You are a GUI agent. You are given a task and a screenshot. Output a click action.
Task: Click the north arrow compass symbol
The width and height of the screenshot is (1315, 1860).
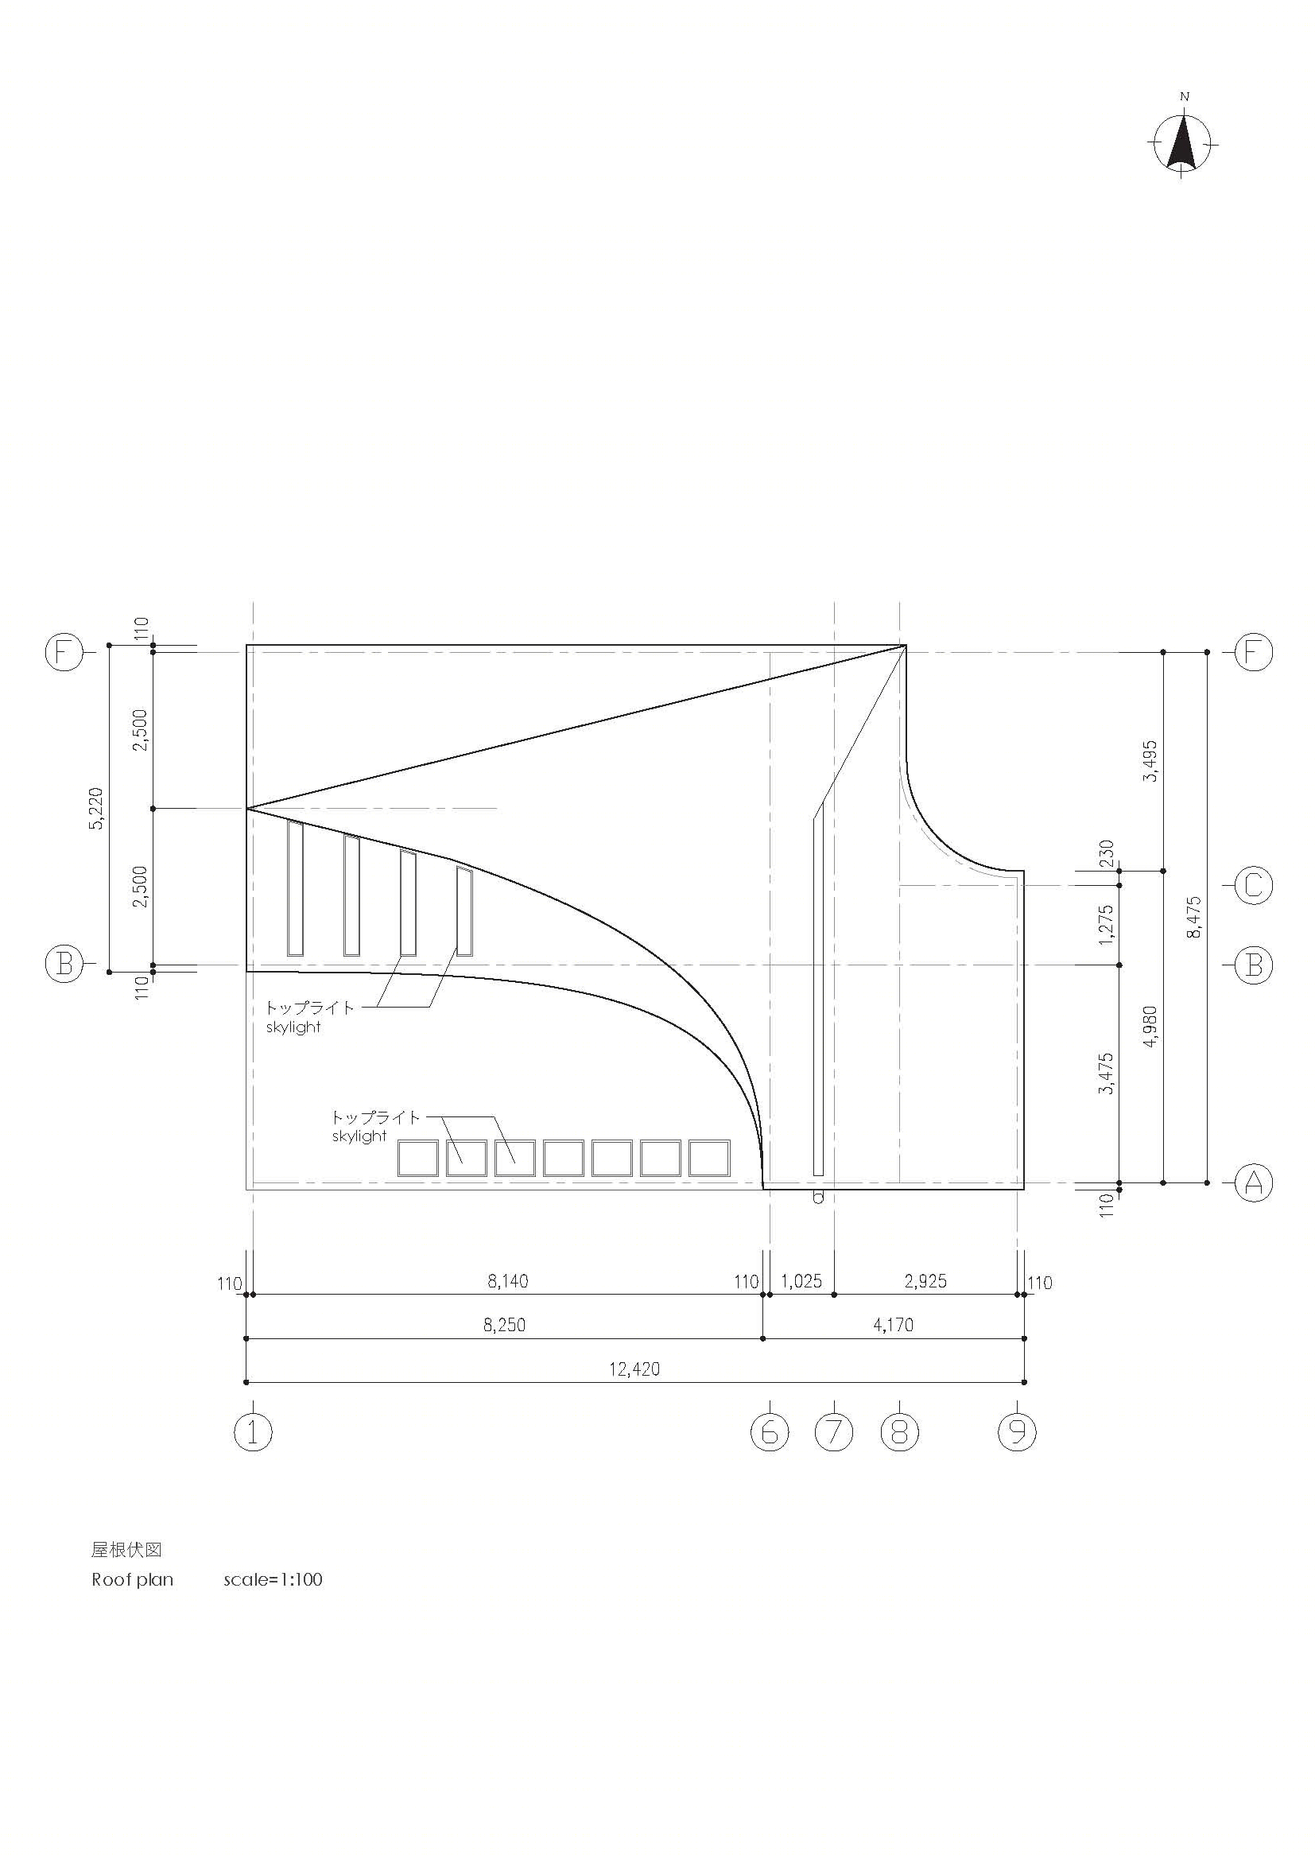(1182, 143)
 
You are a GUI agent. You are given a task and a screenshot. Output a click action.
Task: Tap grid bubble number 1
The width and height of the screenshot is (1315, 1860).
(253, 1432)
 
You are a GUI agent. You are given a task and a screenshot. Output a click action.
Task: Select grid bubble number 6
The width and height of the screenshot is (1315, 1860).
(770, 1432)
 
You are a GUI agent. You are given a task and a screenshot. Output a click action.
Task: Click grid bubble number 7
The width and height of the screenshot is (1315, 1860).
(834, 1432)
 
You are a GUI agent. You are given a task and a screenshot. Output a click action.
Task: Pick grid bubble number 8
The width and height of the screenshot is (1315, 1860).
(900, 1432)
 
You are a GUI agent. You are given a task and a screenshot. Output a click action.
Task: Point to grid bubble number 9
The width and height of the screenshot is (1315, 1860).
(1017, 1432)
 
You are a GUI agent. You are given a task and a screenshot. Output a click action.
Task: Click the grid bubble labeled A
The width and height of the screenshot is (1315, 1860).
(1253, 1183)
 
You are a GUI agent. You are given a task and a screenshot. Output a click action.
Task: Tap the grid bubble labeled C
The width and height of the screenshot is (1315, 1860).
(1253, 885)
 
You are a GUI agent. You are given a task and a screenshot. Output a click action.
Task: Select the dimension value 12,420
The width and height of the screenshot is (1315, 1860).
(634, 1369)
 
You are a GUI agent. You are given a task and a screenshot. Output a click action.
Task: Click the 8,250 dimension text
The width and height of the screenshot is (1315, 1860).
(505, 1326)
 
